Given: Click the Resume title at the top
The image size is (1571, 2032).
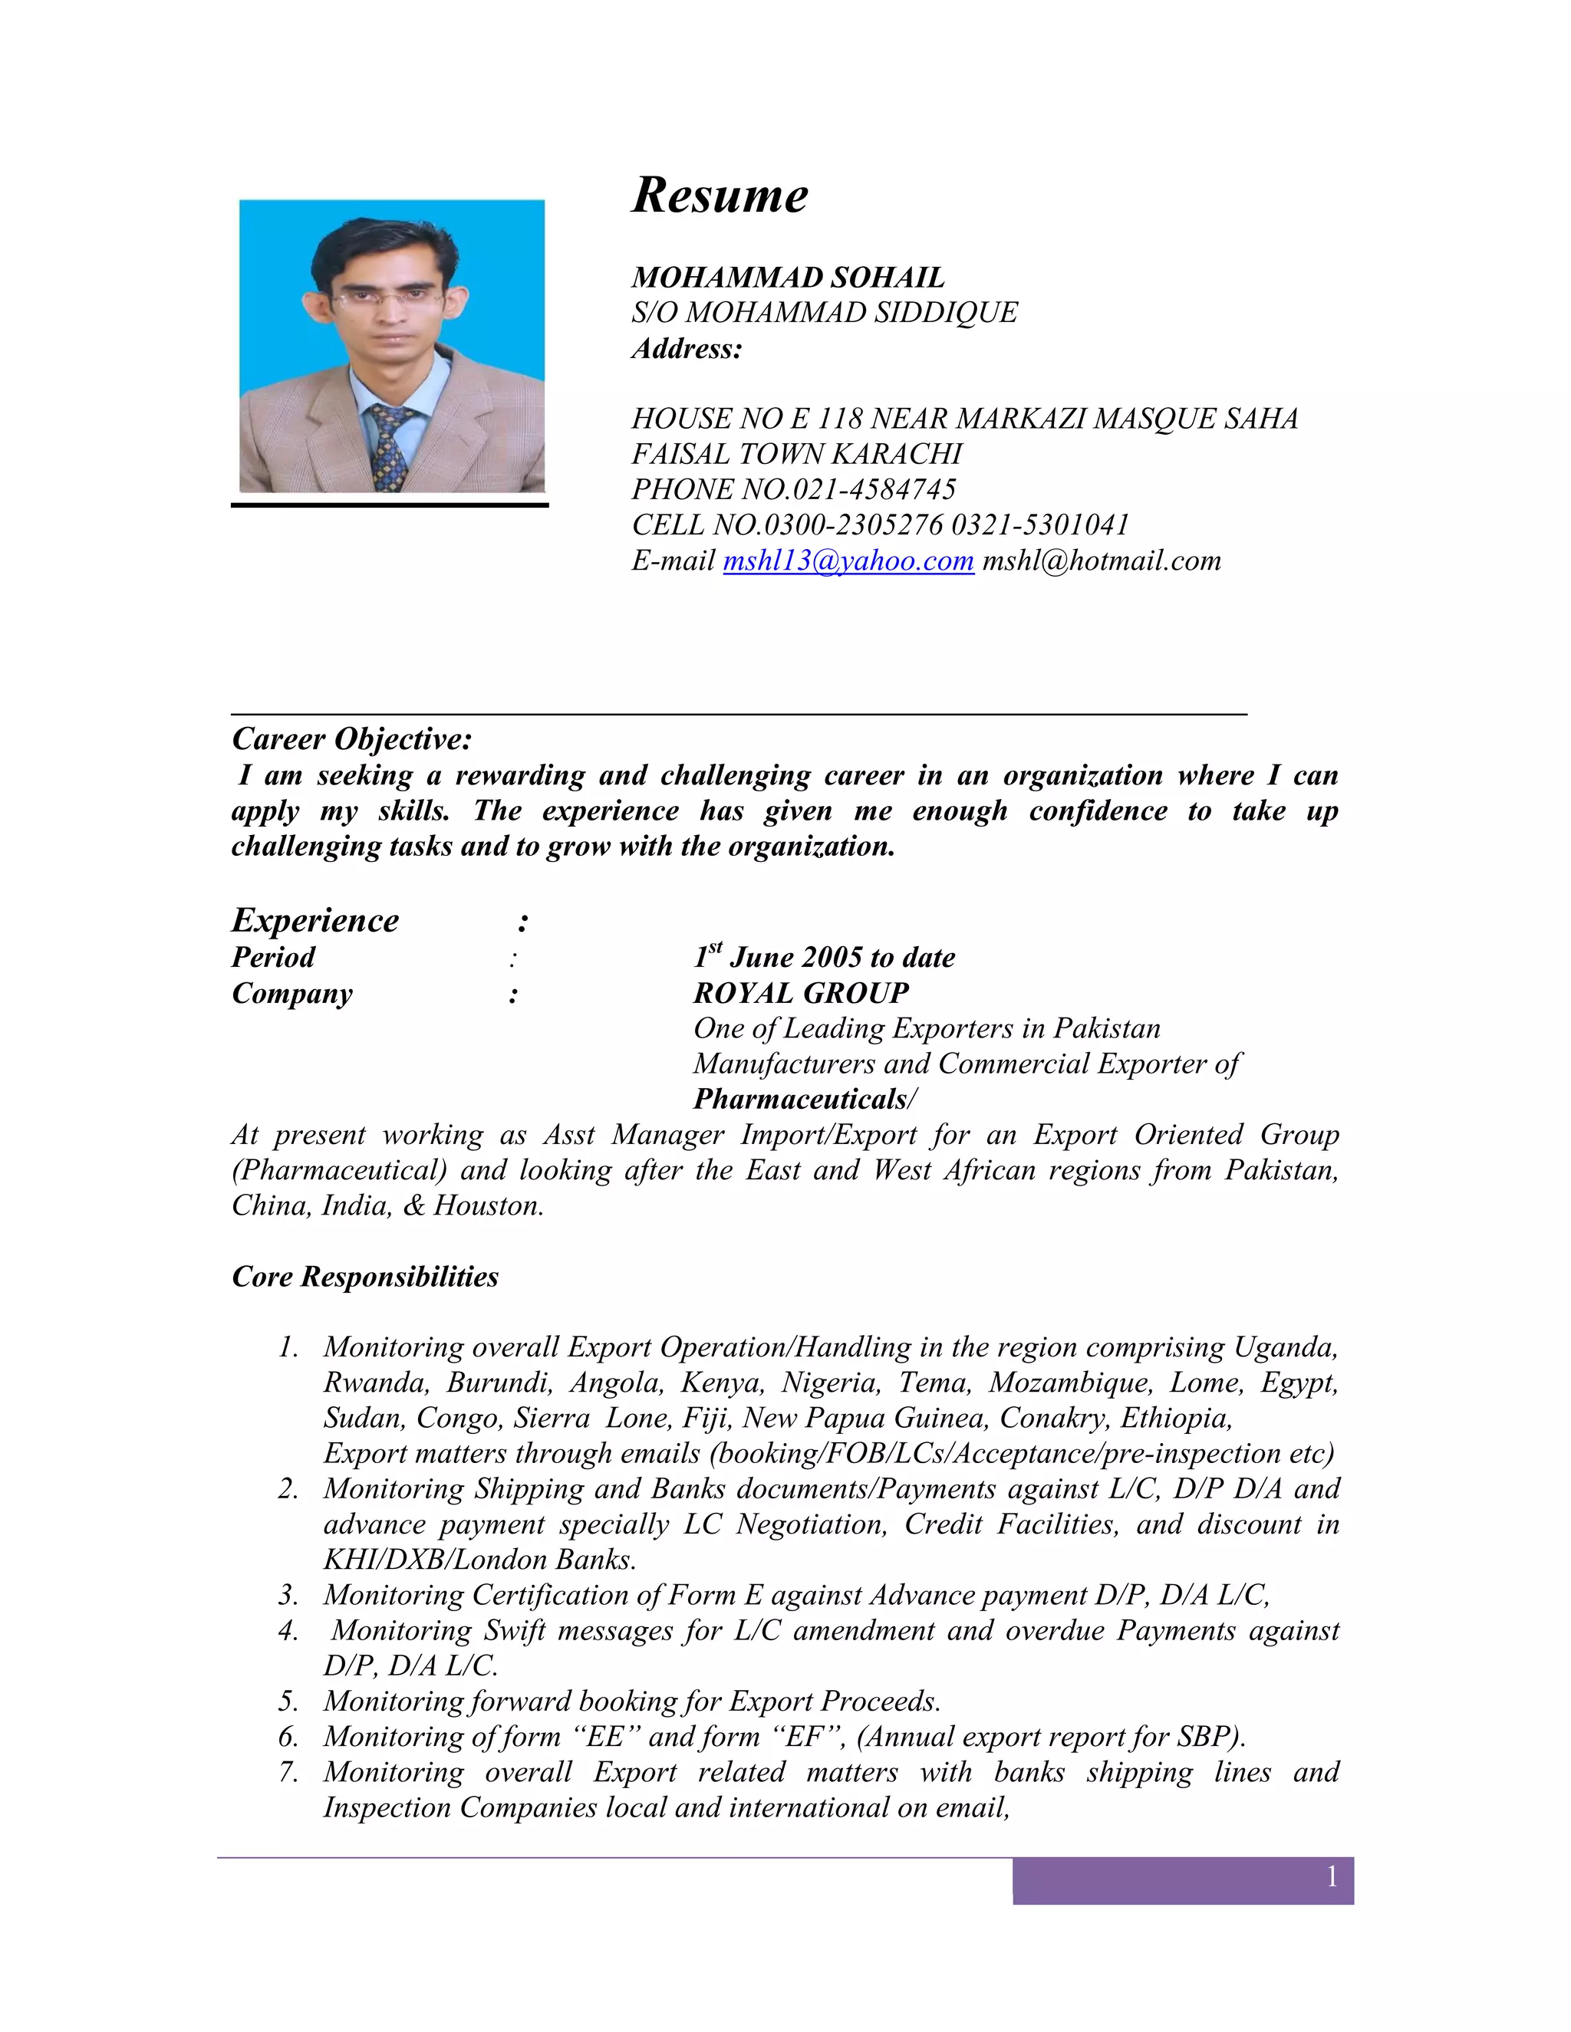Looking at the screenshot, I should coord(720,195).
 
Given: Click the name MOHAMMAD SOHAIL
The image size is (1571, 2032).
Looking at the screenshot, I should coord(787,278).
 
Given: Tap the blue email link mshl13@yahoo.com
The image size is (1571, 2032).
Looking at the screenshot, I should coord(848,561).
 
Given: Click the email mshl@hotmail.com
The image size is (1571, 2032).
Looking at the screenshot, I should coord(1101,561).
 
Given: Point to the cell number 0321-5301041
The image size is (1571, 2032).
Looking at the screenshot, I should coord(1039,524).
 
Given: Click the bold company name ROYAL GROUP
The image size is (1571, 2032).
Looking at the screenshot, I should coord(800,993).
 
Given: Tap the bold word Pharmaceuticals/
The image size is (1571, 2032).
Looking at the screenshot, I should coord(804,1100).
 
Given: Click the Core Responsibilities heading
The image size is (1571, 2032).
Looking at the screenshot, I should coord(365,1277).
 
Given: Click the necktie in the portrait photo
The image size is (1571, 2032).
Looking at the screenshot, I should coord(387,446).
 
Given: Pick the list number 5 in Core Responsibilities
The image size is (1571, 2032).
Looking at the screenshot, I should coord(288,1702).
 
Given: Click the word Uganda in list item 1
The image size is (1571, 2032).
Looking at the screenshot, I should coord(1286,1347).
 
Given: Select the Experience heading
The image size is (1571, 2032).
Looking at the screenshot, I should coord(315,920).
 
